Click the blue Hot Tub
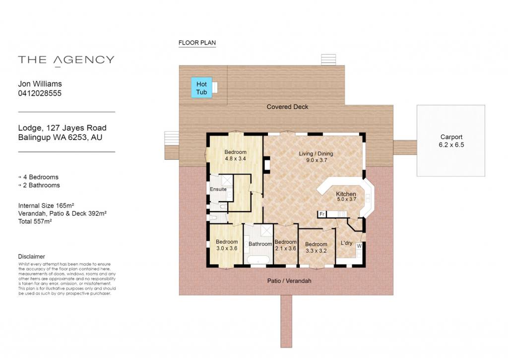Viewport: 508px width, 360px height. coord(201,87)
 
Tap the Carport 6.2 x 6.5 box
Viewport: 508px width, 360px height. coord(450,141)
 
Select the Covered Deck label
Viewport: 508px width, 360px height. coord(287,107)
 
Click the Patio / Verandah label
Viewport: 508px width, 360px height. coord(289,281)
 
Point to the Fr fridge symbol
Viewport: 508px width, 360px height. coord(321,214)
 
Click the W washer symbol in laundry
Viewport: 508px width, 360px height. coord(359,246)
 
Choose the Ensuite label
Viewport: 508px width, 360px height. coord(218,189)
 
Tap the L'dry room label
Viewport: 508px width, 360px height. coord(346,243)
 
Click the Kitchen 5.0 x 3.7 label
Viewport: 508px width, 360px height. coord(346,197)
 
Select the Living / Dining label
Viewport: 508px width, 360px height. coord(316,156)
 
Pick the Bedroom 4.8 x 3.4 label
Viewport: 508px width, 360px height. coord(235,155)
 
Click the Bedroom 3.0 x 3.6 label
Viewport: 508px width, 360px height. coord(227,245)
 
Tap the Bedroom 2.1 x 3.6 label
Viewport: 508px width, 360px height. coord(285,245)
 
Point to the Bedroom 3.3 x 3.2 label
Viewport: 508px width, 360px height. coord(316,247)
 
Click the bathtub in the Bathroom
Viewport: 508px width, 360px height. coord(258,260)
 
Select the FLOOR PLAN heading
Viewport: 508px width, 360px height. coord(197,43)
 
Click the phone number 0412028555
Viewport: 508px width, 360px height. coord(40,93)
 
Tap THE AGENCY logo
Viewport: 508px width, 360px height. coord(66,60)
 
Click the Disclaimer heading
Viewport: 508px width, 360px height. coord(31,257)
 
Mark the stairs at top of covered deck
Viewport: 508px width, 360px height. coord(328,60)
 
